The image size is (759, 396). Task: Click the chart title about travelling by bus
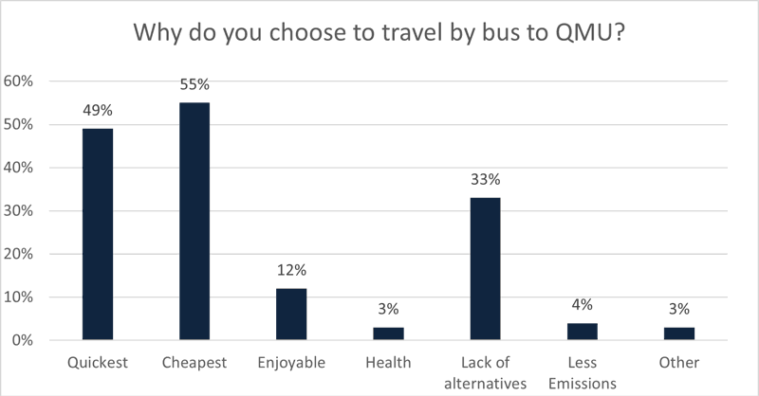(379, 33)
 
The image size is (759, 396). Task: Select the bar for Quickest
(97, 234)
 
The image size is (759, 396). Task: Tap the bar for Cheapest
(194, 221)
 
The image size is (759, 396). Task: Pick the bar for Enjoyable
(291, 314)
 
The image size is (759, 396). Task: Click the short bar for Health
(388, 333)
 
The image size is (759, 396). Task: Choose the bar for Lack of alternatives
(485, 268)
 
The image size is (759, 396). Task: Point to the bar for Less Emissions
(583, 332)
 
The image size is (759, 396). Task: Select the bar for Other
(679, 333)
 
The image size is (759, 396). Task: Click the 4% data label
(583, 304)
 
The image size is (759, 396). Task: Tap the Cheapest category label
(194, 363)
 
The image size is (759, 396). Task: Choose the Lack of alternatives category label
(485, 371)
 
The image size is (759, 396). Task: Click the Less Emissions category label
(583, 371)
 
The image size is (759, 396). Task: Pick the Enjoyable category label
(291, 363)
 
